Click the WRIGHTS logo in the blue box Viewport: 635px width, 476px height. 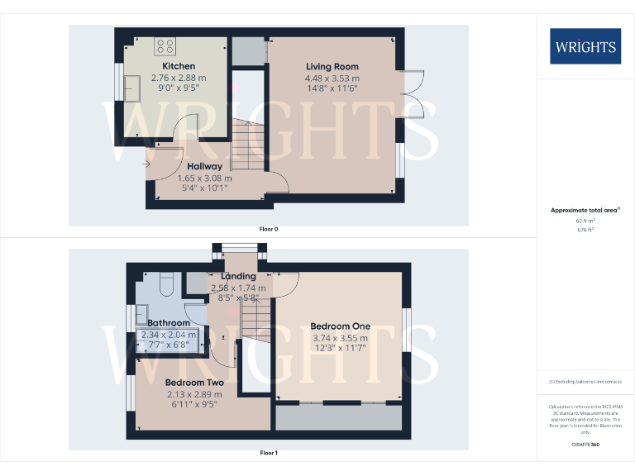[x=585, y=46]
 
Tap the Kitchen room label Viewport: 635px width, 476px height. [x=179, y=66]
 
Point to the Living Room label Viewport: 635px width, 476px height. [x=332, y=66]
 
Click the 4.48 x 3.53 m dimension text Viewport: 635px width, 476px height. [x=332, y=79]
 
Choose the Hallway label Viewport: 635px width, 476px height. [x=204, y=166]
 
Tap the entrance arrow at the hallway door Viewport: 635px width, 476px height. [x=146, y=164]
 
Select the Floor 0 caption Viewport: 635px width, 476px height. [x=268, y=229]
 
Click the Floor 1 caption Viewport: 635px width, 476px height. [x=268, y=453]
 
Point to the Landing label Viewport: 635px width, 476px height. [x=239, y=276]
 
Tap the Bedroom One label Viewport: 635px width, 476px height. [x=341, y=326]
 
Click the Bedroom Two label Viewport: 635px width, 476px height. [x=194, y=383]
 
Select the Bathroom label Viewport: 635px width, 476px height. [x=168, y=322]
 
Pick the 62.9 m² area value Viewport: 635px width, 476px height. [x=585, y=221]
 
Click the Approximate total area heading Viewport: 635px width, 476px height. [x=584, y=211]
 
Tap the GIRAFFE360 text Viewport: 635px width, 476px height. [x=585, y=445]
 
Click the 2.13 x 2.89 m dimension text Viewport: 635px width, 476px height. [x=193, y=395]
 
